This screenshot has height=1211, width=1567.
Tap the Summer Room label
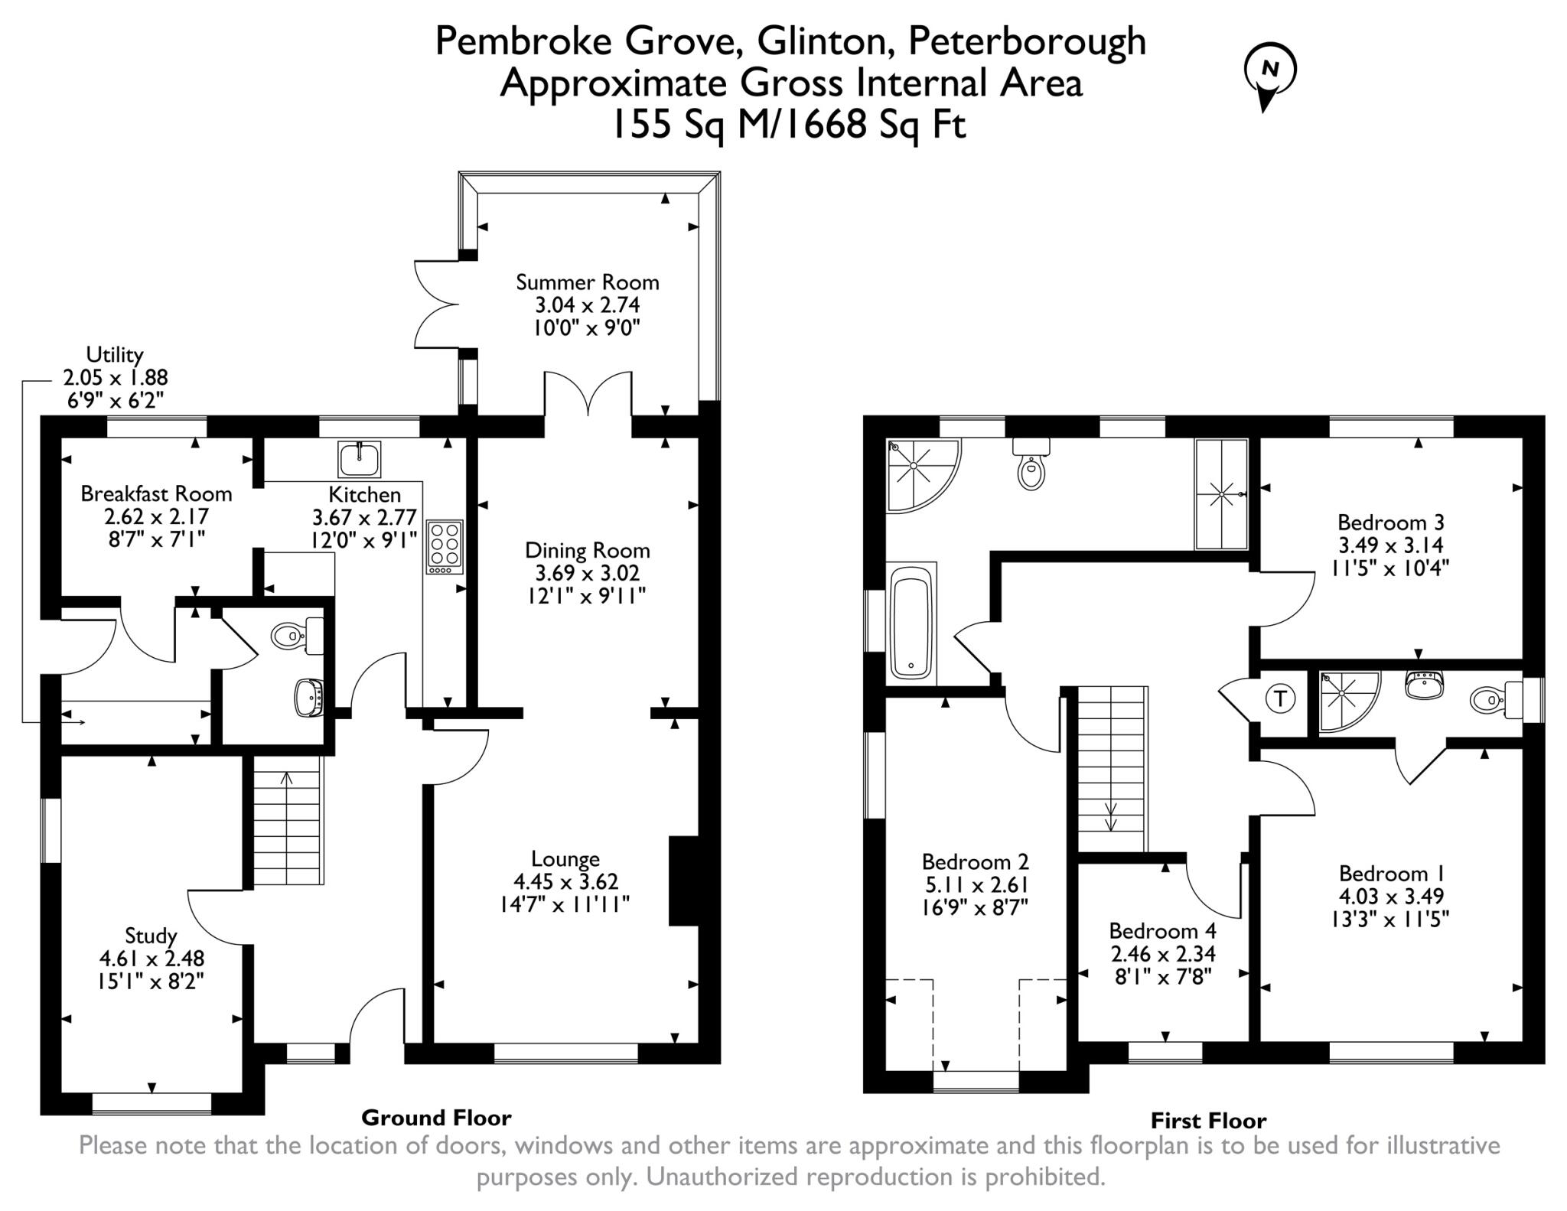[587, 282]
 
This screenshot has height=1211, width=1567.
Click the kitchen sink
[359, 459]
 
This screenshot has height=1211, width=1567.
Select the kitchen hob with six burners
[445, 546]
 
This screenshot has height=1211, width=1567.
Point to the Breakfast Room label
[156, 493]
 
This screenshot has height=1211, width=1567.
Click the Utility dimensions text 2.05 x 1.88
[115, 377]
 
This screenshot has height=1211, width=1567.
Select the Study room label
[151, 936]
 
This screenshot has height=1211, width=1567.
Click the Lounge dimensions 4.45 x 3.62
[565, 882]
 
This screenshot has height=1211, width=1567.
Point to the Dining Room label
[587, 550]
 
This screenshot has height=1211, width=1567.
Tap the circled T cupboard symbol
[1280, 698]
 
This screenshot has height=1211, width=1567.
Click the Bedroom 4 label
[1162, 931]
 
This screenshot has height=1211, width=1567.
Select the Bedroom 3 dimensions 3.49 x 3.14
[1390, 545]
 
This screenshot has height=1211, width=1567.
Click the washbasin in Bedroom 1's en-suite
[1424, 684]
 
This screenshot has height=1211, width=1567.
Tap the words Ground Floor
[435, 1118]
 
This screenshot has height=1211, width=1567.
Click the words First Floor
[1208, 1121]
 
